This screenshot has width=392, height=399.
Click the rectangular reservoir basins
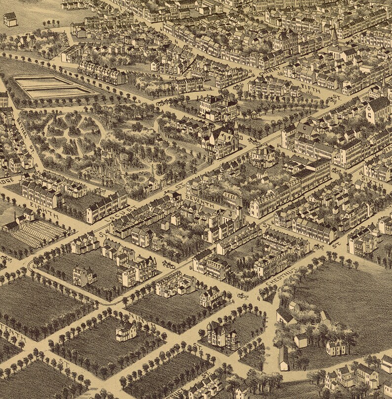pos(51,86)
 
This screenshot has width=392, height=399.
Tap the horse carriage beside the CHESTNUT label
pos(242,296)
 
